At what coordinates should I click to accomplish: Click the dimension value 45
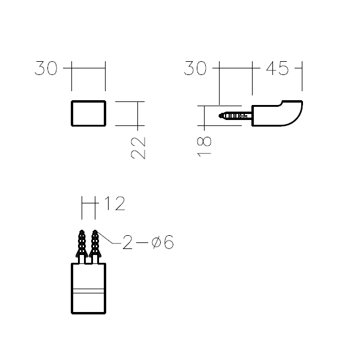tap(277, 68)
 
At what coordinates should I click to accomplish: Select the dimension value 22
tap(138, 148)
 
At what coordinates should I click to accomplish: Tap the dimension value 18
tap(204, 147)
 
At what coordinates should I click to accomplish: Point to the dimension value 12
tap(115, 203)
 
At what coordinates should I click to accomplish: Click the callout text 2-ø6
tap(148, 242)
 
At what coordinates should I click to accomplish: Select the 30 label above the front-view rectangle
tap(46, 68)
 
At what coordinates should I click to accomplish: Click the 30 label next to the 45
tap(195, 68)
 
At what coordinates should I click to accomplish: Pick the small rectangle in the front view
tap(88, 113)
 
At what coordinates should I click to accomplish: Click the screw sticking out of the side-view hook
tap(235, 115)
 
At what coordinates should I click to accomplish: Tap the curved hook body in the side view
tap(277, 113)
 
